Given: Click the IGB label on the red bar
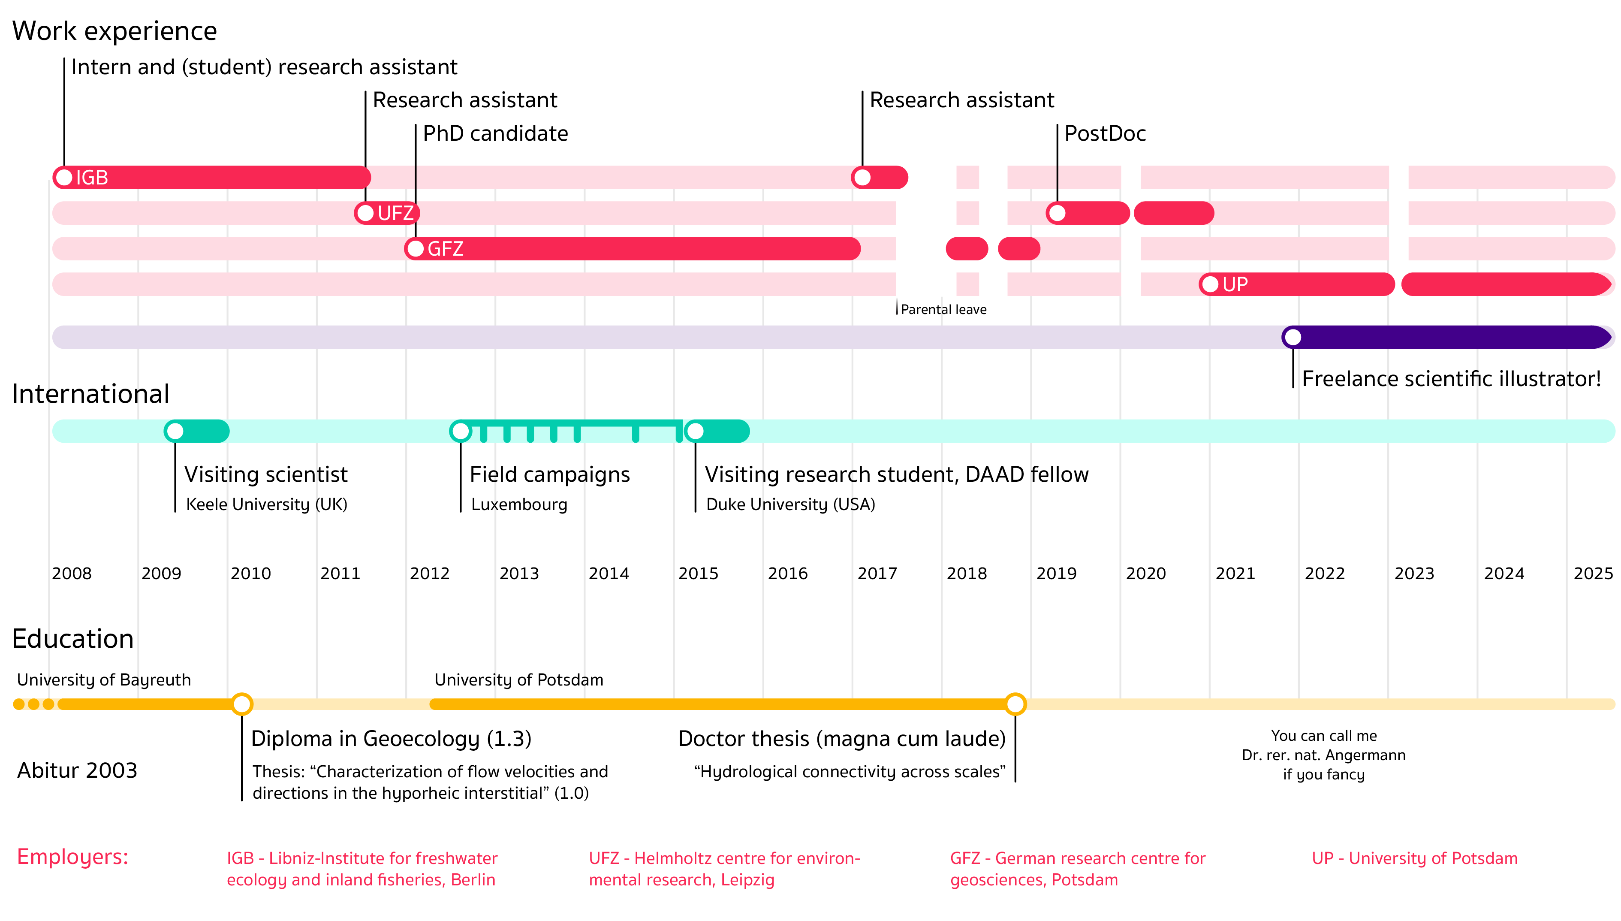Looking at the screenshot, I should [x=92, y=178].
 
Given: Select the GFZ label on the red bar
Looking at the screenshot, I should [x=445, y=249].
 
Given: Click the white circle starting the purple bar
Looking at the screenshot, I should [x=1293, y=337].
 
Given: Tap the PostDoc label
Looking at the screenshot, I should [x=1105, y=133].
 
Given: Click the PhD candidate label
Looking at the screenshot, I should [x=495, y=133].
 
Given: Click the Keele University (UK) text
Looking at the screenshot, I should [x=266, y=504].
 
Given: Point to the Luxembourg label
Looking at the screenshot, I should [x=519, y=504].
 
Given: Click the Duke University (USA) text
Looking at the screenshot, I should [x=790, y=504].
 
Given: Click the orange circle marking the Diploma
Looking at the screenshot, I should [x=241, y=704].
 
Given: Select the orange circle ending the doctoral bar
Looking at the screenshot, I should [x=1015, y=704].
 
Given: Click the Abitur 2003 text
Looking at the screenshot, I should [x=77, y=770].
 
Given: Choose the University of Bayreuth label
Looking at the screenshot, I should [x=104, y=680].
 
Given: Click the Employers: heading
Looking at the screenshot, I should [x=73, y=857].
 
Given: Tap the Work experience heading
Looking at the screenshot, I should [x=114, y=31].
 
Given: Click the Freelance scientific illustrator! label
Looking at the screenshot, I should [x=1451, y=379].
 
